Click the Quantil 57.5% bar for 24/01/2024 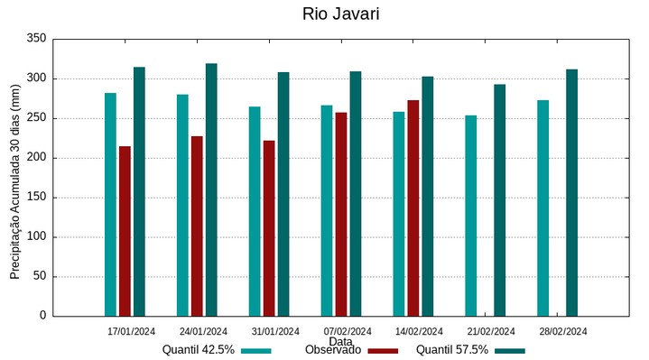pyautogui.click(x=211, y=189)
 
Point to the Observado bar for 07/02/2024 pyautogui.click(x=341, y=214)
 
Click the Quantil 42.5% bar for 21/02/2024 pyautogui.click(x=471, y=216)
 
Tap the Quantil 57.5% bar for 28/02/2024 pyautogui.click(x=571, y=192)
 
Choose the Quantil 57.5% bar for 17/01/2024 pyautogui.click(x=139, y=191)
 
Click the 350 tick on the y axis pyautogui.click(x=36, y=39)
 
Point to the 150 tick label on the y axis pyautogui.click(x=36, y=198)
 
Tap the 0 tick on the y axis pyautogui.click(x=42, y=316)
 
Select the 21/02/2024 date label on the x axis pyautogui.click(x=491, y=331)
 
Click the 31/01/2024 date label pyautogui.click(x=274, y=331)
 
